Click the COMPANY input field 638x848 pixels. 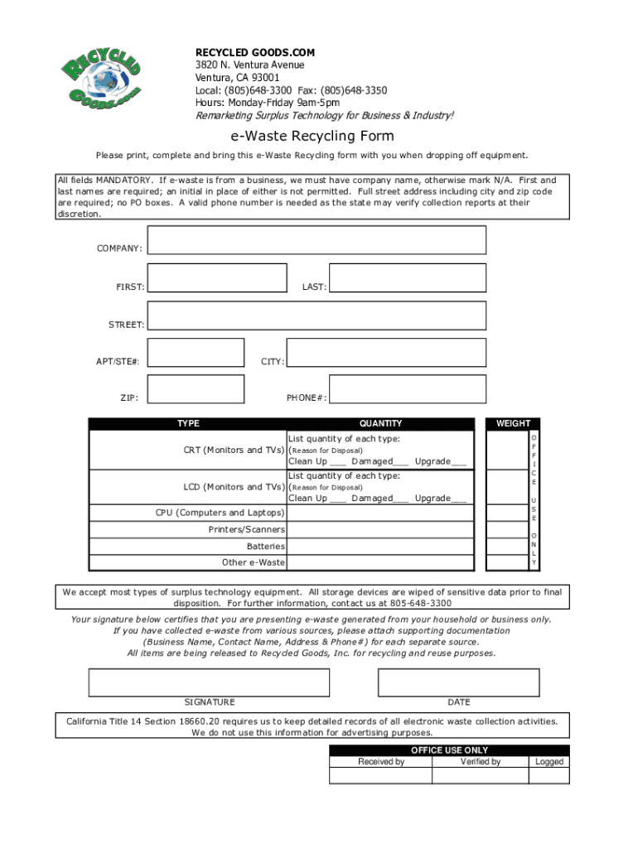click(317, 240)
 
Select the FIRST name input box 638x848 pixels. click(217, 277)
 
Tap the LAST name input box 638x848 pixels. click(408, 277)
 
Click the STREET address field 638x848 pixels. click(317, 316)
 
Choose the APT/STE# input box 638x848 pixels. click(196, 352)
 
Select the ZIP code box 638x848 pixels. click(196, 389)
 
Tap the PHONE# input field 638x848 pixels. click(408, 389)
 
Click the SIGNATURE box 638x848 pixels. click(209, 682)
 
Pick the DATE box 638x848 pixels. click(459, 682)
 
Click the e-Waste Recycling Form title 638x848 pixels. click(312, 136)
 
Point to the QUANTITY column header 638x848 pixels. click(380, 423)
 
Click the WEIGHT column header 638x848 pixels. click(513, 423)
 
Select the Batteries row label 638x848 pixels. click(265, 547)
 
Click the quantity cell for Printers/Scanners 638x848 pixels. click(380, 529)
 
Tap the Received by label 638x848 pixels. click(380, 762)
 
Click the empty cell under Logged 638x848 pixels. click(549, 776)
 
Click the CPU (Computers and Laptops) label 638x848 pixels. click(220, 513)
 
